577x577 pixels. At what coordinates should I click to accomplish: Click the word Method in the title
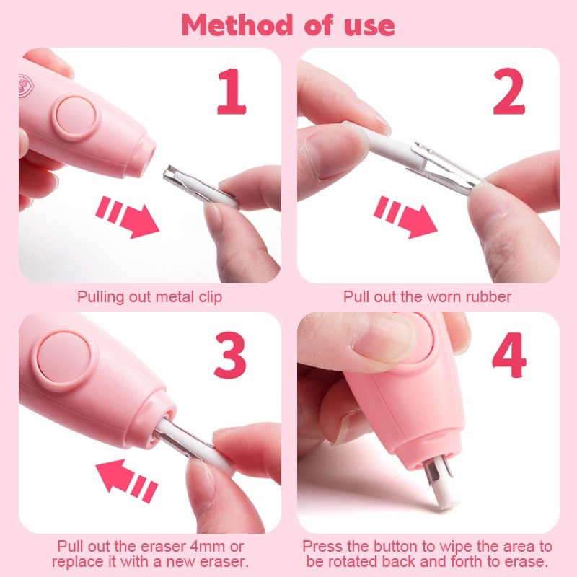click(237, 25)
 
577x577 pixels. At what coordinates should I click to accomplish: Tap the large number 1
click(231, 92)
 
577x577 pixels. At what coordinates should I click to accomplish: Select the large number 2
click(508, 92)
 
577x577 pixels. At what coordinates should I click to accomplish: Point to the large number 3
click(230, 355)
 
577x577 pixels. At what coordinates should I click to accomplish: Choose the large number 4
click(509, 355)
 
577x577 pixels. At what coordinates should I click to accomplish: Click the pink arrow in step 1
click(128, 217)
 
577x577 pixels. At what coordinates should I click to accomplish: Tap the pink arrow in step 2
click(405, 217)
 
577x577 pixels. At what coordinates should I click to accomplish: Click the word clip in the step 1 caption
click(211, 297)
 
